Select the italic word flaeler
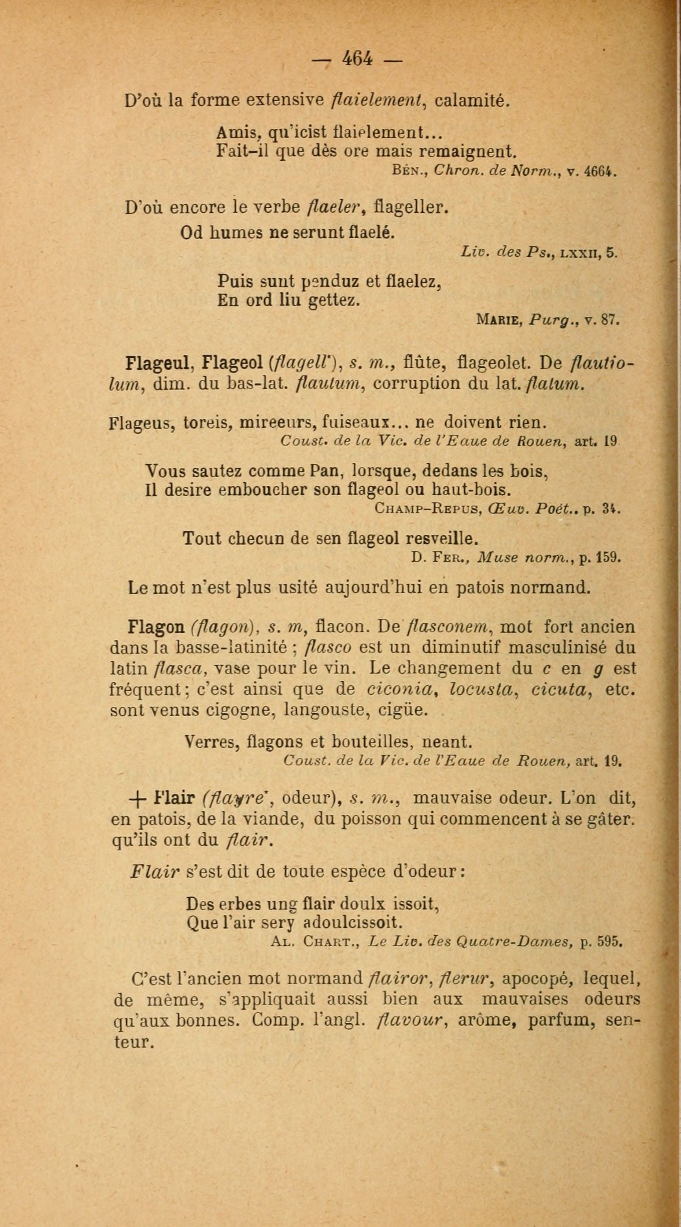338,208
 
